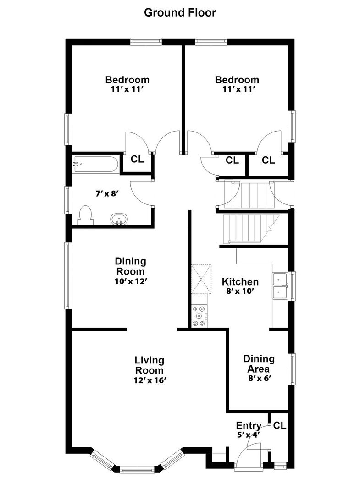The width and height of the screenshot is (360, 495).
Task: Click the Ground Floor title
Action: click(x=180, y=13)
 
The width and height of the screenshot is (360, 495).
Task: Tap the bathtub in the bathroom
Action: click(x=95, y=164)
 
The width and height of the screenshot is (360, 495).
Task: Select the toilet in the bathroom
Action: click(x=86, y=215)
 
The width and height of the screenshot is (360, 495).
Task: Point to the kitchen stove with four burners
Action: click(x=199, y=316)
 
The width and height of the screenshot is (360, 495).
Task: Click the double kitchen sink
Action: click(x=280, y=286)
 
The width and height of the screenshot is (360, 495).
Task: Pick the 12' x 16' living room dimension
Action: click(x=150, y=380)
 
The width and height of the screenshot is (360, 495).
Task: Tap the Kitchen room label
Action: click(x=240, y=281)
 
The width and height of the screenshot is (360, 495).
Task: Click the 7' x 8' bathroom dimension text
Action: click(x=107, y=193)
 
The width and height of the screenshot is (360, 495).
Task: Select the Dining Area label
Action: click(x=259, y=363)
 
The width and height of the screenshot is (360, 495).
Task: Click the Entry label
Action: click(x=249, y=425)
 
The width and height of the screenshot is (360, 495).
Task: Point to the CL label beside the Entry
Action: click(x=279, y=425)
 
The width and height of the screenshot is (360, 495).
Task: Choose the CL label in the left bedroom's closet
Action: click(x=137, y=159)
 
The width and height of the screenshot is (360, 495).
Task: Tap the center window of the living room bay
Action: click(x=137, y=470)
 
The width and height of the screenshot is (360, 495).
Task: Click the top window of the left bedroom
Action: click(x=146, y=42)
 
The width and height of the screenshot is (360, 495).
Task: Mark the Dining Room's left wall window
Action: click(x=67, y=275)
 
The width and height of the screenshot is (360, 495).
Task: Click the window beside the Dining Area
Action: click(x=293, y=369)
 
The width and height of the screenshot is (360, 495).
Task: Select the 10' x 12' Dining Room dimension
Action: click(x=131, y=281)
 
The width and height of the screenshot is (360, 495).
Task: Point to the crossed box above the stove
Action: click(x=202, y=279)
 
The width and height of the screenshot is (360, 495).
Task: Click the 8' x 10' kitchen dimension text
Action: click(x=240, y=291)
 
